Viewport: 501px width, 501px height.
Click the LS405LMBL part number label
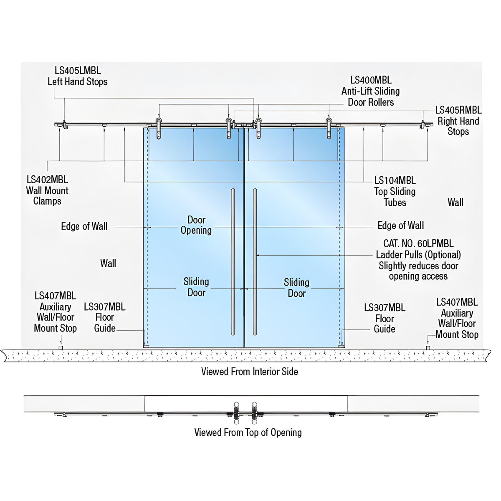pyautogui.click(x=78, y=71)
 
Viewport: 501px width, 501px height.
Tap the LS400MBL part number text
pyautogui.click(x=371, y=80)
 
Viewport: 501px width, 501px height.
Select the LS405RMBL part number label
pyautogui.click(x=458, y=110)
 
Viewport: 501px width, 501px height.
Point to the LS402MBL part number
pyautogui.click(x=47, y=180)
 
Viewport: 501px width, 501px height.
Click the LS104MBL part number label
pyautogui.click(x=395, y=180)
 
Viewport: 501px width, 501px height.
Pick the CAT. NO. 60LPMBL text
pyautogui.click(x=418, y=243)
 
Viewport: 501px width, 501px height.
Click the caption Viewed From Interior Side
pyautogui.click(x=250, y=372)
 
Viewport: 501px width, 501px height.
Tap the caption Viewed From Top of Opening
pyautogui.click(x=248, y=433)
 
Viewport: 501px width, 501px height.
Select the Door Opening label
pyautogui.click(x=196, y=225)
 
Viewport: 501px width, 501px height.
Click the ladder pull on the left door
pyautogui.click(x=233, y=262)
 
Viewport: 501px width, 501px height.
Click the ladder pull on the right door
pyautogui.click(x=255, y=262)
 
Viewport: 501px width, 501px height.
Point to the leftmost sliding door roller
pyautogui.click(x=159, y=128)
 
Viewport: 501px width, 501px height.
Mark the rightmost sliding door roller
pyautogui.click(x=329, y=128)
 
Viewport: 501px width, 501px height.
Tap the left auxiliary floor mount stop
pyautogui.click(x=61, y=348)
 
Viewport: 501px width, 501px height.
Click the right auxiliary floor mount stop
pyautogui.click(x=428, y=348)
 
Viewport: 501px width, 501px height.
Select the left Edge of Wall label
pyautogui.click(x=84, y=226)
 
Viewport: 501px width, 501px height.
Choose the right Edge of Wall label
pyautogui.click(x=401, y=225)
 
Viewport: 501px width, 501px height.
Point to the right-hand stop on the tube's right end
pyautogui.click(x=423, y=125)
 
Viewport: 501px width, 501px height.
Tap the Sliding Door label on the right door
pyautogui.click(x=297, y=288)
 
